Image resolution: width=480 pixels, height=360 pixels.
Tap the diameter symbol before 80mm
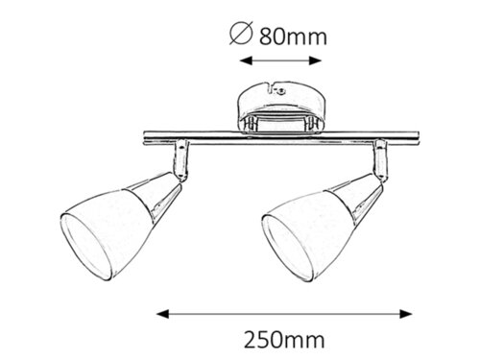point(241,36)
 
